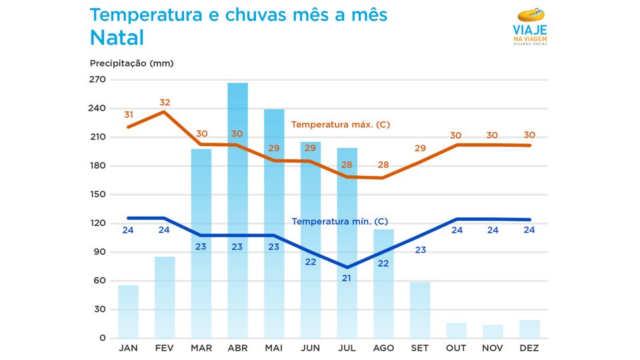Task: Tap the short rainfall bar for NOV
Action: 493,331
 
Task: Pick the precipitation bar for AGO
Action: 383,283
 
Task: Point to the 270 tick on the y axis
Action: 98,80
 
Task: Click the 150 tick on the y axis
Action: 98,195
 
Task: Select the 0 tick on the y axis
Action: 102,338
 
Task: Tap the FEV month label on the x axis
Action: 165,348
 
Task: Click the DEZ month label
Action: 529,348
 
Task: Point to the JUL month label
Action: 347,348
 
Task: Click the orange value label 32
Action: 165,103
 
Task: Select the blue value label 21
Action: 347,278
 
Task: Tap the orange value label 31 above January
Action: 129,115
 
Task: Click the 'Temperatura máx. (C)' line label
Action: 341,125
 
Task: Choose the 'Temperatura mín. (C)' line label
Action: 340,221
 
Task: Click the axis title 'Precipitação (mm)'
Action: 131,63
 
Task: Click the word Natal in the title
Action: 117,38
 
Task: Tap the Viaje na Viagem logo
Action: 530,27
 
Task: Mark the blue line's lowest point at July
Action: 347,267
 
